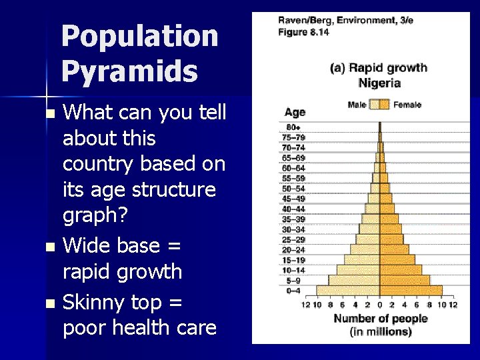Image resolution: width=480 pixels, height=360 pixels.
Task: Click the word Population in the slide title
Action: (139, 37)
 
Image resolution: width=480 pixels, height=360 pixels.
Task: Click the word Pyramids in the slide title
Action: (129, 71)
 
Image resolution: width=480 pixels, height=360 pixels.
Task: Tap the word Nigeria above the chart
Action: (379, 83)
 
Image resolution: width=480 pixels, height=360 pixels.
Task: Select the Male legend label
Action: (357, 105)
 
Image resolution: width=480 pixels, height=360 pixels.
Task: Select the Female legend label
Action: (407, 105)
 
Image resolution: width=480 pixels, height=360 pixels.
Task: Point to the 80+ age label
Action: (293, 127)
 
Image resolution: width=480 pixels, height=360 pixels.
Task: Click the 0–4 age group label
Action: (293, 290)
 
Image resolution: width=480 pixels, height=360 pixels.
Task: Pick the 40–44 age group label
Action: (293, 209)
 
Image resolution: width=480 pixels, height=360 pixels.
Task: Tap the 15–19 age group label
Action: (293, 260)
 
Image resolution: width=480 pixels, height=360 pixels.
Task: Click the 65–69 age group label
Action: (293, 158)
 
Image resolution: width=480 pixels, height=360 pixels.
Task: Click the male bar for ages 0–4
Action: (347, 290)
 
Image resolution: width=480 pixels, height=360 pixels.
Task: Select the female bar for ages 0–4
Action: (411, 290)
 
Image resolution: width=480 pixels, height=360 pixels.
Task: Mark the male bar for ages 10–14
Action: (358, 270)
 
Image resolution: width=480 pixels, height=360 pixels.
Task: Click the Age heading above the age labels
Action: (295, 113)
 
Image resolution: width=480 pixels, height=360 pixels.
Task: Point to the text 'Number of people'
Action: (380, 319)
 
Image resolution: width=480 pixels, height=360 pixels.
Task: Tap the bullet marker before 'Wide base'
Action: (49, 247)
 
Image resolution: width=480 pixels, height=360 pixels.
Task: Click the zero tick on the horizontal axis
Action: (380, 305)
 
